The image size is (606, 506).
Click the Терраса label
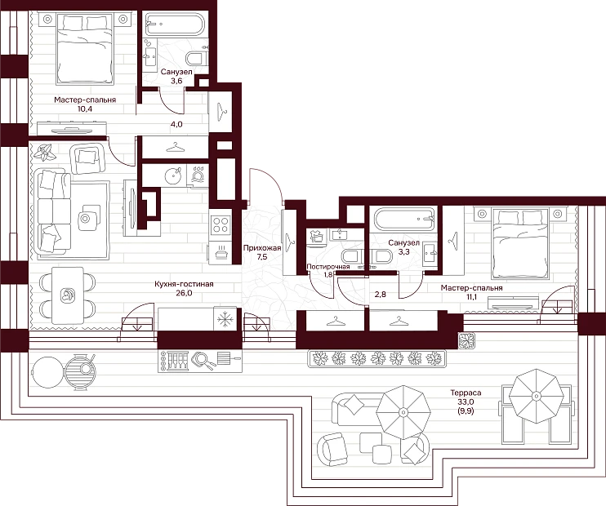point(466,393)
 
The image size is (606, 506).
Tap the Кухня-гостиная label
point(184,284)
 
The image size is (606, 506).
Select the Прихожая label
point(262,248)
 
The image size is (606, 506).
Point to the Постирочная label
point(328,267)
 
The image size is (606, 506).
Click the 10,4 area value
point(85,109)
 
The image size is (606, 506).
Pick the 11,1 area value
point(471,296)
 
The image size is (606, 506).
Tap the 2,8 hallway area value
point(381,295)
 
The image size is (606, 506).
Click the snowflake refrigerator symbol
point(224,319)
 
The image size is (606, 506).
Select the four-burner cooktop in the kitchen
point(221,224)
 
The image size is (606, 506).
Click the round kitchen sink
point(173,176)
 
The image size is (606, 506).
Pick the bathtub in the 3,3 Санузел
point(404,219)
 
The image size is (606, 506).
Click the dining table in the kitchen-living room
point(68,295)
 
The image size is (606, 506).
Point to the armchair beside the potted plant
point(87,158)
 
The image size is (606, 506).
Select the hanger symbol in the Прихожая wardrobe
point(290,242)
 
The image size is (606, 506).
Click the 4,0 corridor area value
point(177,124)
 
